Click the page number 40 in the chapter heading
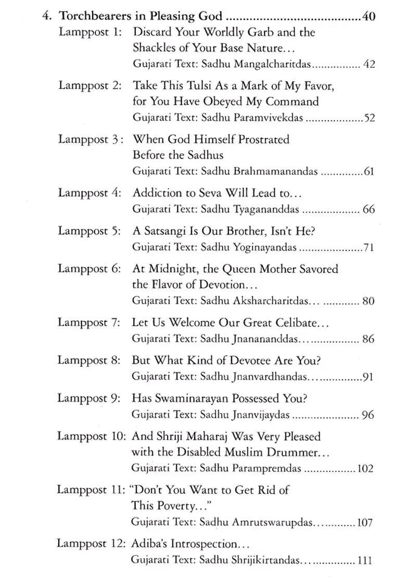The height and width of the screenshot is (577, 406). (x=369, y=16)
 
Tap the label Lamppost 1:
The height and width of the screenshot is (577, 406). (x=90, y=32)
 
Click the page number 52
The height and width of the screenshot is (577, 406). (x=369, y=118)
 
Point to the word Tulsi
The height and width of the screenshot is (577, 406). (x=192, y=85)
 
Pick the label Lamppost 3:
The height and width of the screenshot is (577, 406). (x=91, y=139)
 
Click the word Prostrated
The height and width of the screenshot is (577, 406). (x=263, y=139)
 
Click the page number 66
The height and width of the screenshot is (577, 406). (x=369, y=210)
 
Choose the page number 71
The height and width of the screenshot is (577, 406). (x=369, y=248)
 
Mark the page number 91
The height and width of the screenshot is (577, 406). (x=368, y=377)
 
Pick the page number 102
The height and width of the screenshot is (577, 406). (x=365, y=469)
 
